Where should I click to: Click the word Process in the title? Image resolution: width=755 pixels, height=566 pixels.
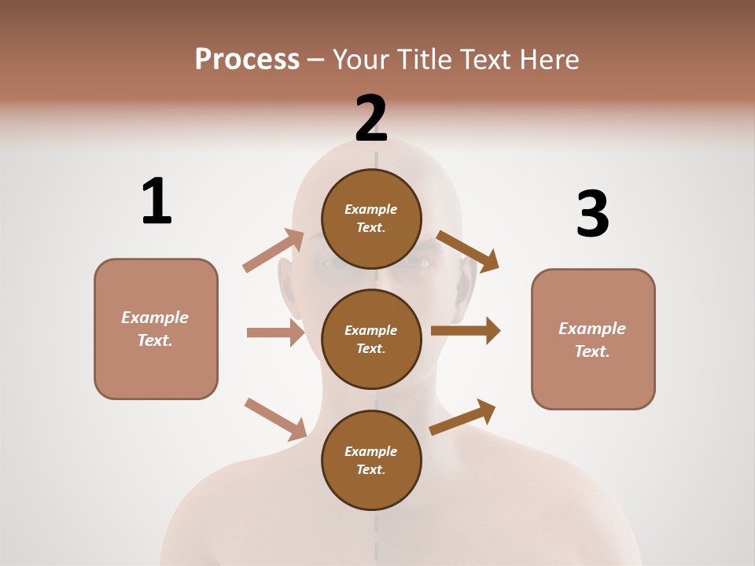pos(247,60)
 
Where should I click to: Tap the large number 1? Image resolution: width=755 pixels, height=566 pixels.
pos(157,201)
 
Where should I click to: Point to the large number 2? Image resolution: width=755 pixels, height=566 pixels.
pos(371,119)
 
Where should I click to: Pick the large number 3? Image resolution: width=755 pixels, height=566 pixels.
pos(592,213)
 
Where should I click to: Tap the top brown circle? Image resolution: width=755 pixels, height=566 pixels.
pos(371,219)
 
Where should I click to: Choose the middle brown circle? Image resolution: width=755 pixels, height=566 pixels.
pos(371,339)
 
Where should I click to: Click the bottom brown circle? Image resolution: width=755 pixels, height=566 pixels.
pos(371,460)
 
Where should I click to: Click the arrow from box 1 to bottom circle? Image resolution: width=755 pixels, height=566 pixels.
pos(275,419)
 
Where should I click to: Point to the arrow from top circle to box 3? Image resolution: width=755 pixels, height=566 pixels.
pos(467,252)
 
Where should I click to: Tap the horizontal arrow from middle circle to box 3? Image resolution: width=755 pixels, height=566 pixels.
pos(465,331)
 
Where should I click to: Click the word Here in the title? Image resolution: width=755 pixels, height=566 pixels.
pos(548,60)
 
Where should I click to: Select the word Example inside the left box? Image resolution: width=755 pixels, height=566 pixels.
pos(155,318)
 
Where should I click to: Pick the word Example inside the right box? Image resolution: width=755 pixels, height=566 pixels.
pos(592,329)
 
